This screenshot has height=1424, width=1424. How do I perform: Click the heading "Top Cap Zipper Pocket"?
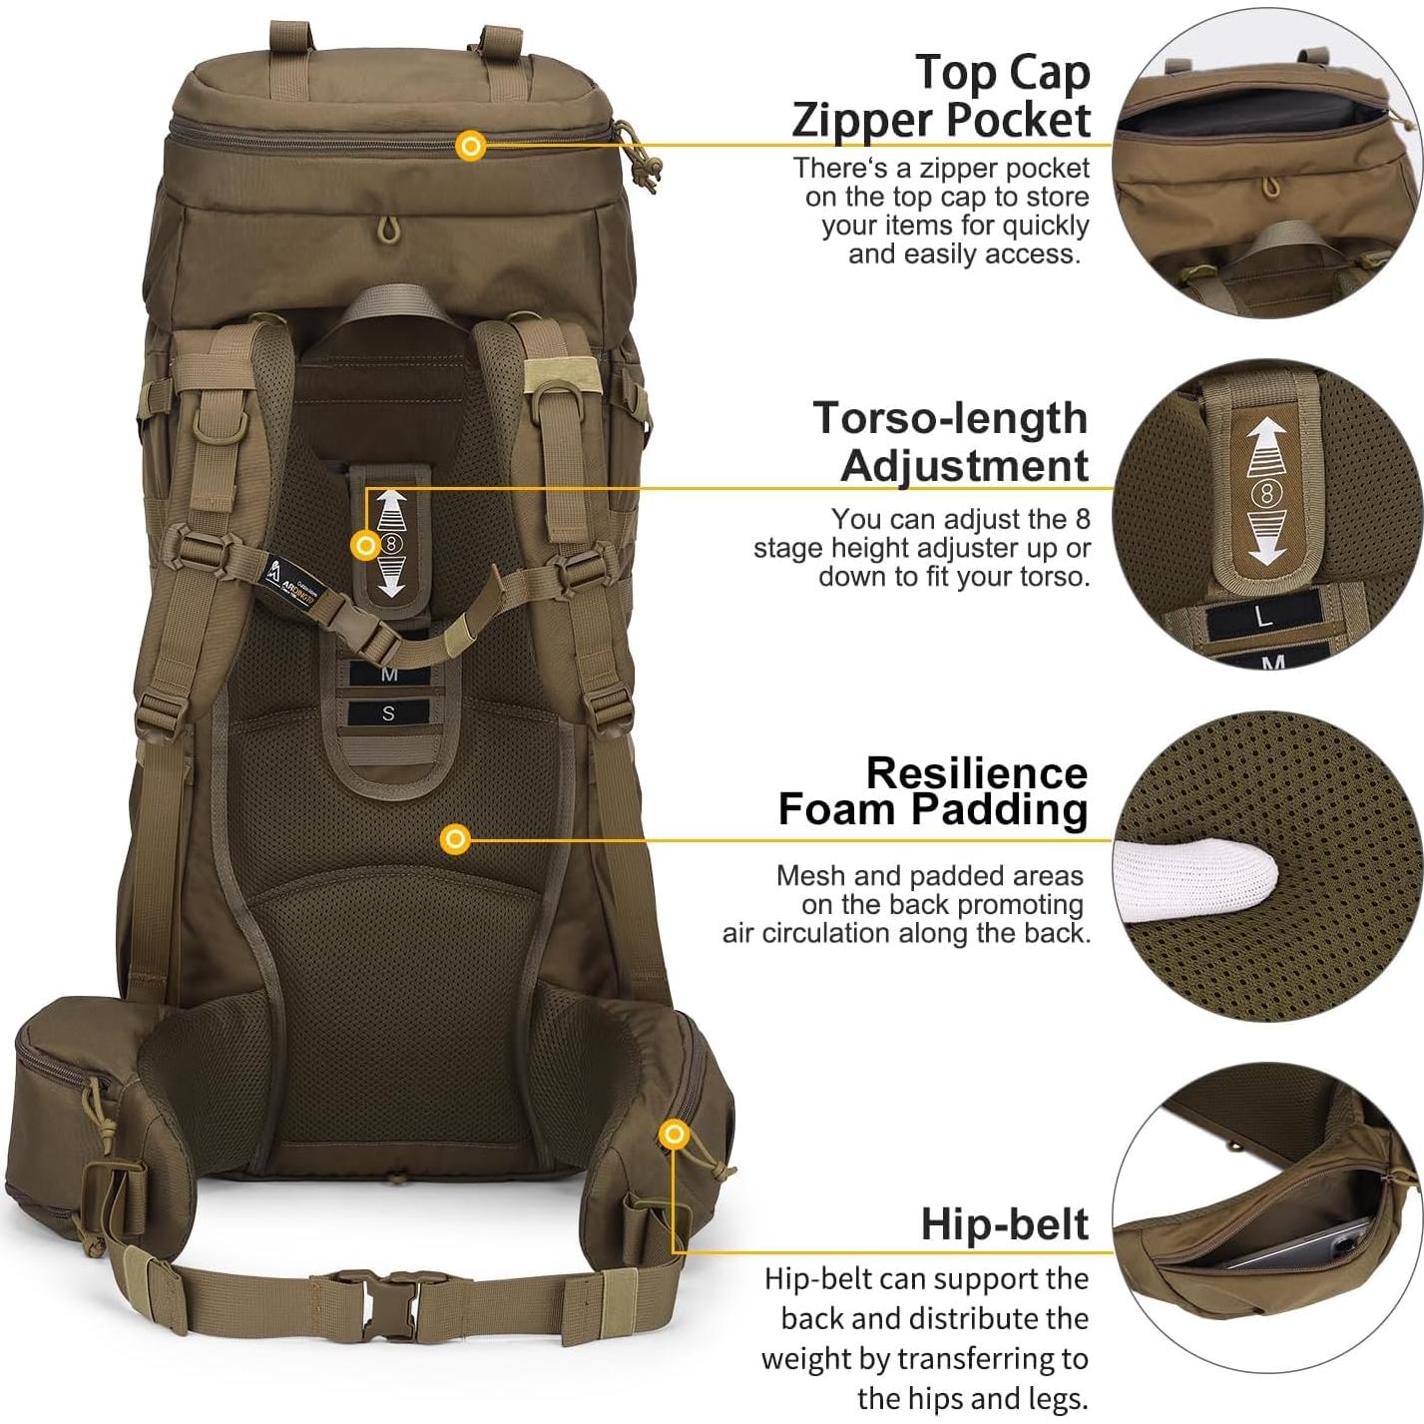(x=941, y=96)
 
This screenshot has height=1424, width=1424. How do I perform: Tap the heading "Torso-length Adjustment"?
(x=950, y=441)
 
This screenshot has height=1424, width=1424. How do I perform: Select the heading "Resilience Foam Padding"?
(x=932, y=791)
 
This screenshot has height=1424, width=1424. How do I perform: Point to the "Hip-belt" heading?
(x=1004, y=1223)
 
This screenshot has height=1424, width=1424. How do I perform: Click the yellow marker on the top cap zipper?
(x=470, y=146)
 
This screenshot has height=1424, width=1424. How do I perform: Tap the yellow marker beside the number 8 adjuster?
(x=365, y=545)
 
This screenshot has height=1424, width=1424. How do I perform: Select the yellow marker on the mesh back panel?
(x=456, y=838)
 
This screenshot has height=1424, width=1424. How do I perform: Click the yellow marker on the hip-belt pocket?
(x=675, y=1135)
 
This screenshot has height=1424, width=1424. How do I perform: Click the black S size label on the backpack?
(x=388, y=712)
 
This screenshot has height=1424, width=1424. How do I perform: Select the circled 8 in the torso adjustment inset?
(x=1267, y=494)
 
